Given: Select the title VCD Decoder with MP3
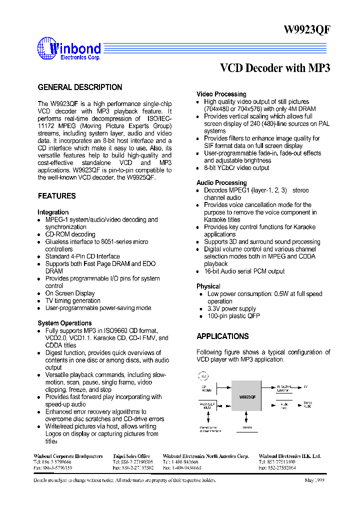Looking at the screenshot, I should pos(275,68).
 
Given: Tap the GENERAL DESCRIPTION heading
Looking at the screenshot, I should pos(80,87).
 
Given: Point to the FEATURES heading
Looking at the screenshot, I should pos(57,196).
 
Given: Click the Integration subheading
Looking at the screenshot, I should pos(53,212).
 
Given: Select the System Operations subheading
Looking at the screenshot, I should pos(64,323).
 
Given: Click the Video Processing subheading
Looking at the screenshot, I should pos(221,94).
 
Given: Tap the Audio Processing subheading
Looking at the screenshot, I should pos(221,183).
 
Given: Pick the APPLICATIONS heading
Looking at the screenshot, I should pos(222,336).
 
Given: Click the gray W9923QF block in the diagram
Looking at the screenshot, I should pos(246,396).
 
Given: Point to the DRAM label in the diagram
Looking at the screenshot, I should pos(247,427).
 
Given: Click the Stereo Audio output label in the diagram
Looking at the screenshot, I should pos(307,404).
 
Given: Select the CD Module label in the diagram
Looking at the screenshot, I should pos(206,388).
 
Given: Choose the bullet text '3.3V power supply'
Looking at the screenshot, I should pos(231,309).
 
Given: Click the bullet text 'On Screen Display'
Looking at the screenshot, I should pos(70,293).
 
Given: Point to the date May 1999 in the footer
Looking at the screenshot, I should pos(315,480).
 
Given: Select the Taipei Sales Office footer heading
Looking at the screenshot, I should pos(131,456).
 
